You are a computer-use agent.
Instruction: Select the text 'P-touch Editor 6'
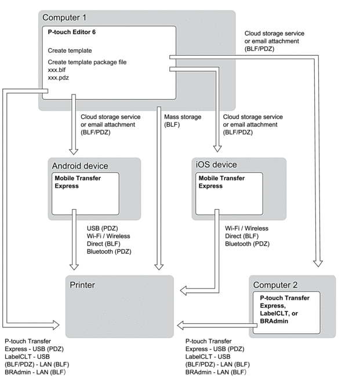[72, 32]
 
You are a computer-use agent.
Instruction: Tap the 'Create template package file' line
[87, 62]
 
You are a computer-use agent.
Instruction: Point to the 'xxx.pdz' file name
[59, 77]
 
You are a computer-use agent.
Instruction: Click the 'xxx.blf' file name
[57, 70]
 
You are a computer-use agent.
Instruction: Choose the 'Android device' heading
[80, 166]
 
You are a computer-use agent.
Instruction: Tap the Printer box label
[82, 285]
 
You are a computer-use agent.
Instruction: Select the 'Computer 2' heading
[275, 286]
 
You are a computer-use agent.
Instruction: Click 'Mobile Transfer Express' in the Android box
[77, 183]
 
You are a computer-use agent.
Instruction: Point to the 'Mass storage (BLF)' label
[183, 121]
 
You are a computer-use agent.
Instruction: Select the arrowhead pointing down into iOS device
[217, 148]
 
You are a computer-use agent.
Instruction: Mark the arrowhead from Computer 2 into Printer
[181, 325]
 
